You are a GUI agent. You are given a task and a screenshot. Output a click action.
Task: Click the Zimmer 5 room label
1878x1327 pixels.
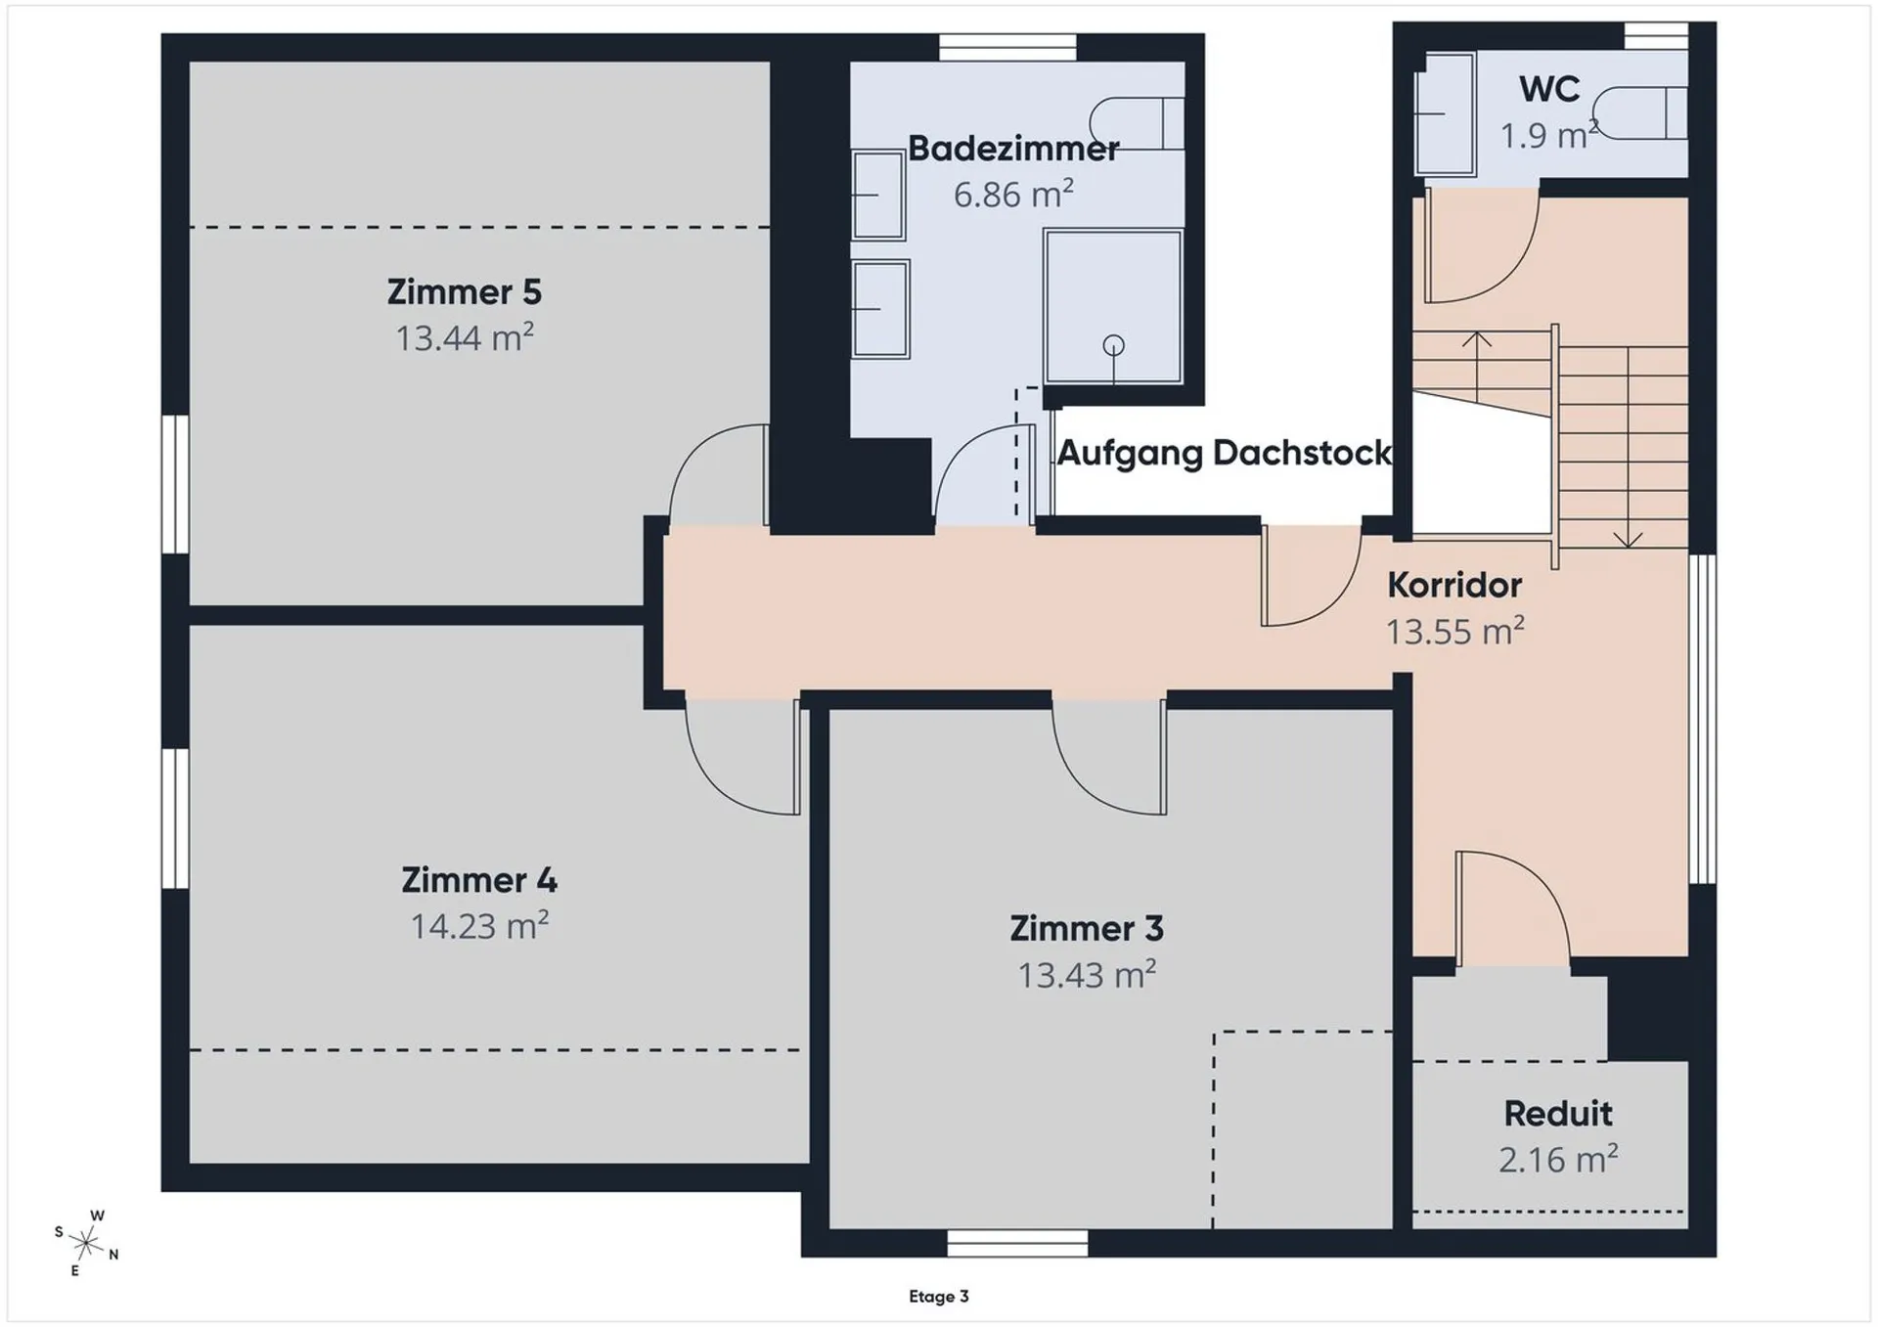tap(464, 291)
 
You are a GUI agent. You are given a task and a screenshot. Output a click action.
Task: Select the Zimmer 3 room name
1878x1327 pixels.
tap(1087, 928)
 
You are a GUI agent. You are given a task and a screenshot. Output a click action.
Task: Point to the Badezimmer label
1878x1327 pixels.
tap(1013, 149)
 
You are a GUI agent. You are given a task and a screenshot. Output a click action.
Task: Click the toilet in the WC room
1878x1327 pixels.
tap(1639, 113)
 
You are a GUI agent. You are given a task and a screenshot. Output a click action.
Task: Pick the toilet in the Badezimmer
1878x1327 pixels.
tap(1137, 123)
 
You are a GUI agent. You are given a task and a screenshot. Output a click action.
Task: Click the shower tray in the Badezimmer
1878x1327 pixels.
tap(1113, 306)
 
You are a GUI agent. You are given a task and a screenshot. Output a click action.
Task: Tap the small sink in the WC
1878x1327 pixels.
tap(1445, 114)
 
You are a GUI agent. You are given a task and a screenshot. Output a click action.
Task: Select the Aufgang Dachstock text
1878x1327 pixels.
tap(1224, 453)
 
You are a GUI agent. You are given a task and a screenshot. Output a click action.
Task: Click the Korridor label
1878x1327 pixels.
tap(1454, 585)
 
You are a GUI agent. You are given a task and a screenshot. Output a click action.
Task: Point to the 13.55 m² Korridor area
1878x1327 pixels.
tap(1454, 631)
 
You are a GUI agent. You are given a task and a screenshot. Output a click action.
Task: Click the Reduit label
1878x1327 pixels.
tap(1558, 1113)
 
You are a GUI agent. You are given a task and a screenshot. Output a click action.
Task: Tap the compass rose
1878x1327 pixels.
tap(86, 1243)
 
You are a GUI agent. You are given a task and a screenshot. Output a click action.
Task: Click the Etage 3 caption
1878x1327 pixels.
tap(939, 1297)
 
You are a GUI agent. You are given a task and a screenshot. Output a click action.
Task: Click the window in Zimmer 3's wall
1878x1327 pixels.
tap(1017, 1243)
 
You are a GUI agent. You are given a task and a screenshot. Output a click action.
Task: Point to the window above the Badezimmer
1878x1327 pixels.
tap(1007, 47)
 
